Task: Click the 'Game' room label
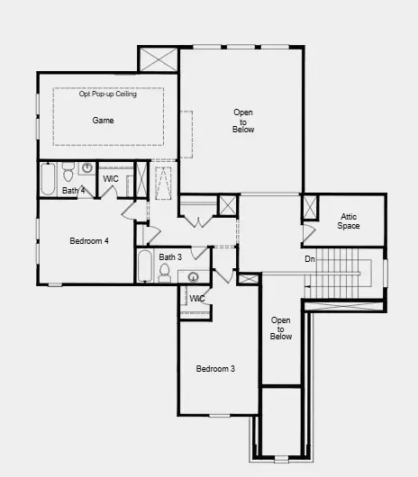103,120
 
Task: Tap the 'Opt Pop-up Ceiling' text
106,94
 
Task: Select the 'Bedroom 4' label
89,240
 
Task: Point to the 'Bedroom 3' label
216,369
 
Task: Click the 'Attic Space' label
349,220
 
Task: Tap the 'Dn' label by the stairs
310,259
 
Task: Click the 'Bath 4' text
74,191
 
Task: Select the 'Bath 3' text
170,257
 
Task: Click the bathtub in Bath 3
145,266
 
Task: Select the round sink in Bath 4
87,168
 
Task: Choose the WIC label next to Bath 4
112,179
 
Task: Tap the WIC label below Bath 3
197,298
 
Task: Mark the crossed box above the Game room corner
159,59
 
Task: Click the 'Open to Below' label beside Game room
243,121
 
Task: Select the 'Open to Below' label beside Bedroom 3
281,328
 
